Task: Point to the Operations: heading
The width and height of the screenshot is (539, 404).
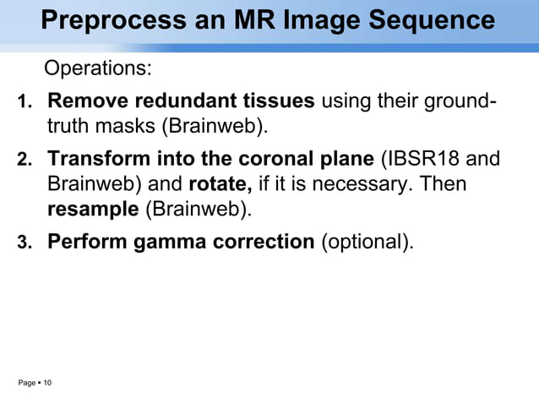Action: tap(97, 68)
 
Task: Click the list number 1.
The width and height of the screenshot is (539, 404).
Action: tap(25, 104)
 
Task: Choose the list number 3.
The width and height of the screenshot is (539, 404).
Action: tap(25, 243)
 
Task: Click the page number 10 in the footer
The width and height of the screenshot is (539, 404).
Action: tap(47, 384)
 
